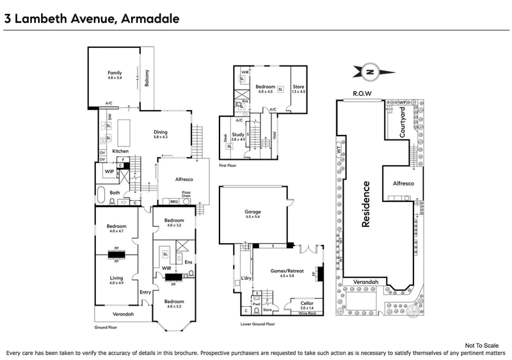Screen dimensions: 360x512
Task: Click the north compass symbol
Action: pyautogui.click(x=371, y=72)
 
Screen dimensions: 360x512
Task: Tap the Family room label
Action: pyautogui.click(x=114, y=74)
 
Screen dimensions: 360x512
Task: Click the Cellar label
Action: pyautogui.click(x=306, y=304)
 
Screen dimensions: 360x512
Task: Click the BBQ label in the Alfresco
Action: pyautogui.click(x=173, y=201)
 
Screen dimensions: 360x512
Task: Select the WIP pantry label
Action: pyautogui.click(x=109, y=171)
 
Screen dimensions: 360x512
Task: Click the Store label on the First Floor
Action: pyautogui.click(x=298, y=86)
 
